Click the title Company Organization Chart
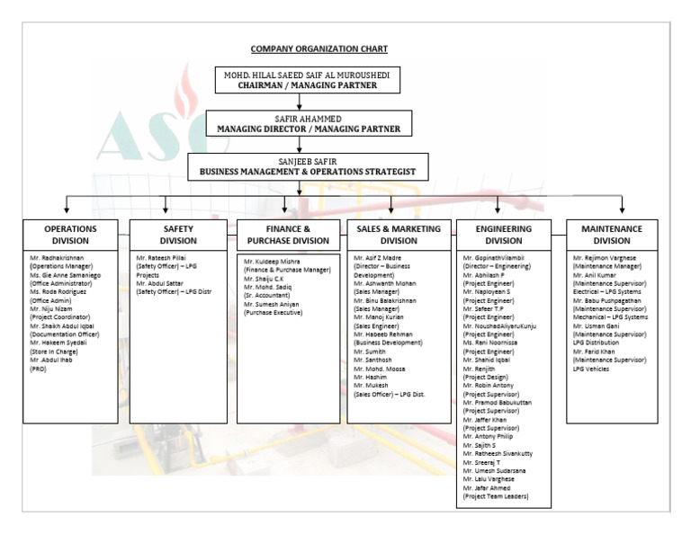319,49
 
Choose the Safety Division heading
178,235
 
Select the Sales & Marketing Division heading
399,235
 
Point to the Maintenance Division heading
612,235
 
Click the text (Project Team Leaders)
496,496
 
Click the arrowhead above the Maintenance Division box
622,210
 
